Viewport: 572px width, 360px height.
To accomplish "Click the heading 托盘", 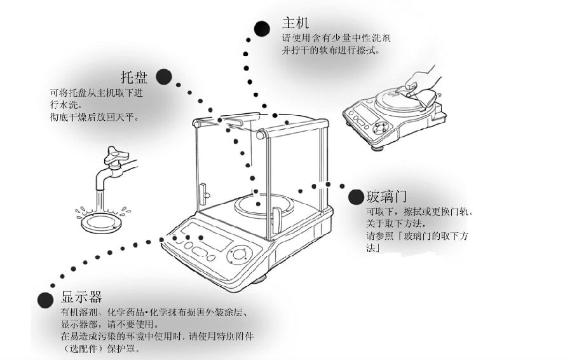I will point(133,78).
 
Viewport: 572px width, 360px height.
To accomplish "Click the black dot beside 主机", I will point(261,28).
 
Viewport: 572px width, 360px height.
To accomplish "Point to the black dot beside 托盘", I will point(163,77).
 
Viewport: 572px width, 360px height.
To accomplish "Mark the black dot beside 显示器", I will point(44,300).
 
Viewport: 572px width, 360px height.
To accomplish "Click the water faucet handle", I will point(117,153).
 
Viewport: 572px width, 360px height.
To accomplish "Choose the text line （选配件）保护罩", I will point(100,349).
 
